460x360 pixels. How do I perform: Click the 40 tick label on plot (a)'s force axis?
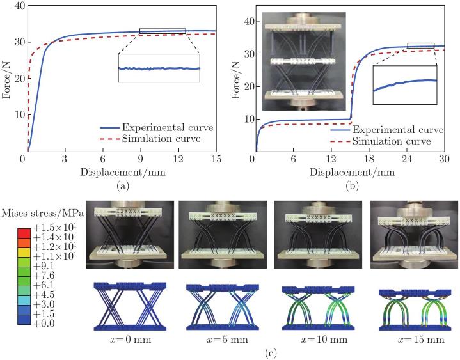coord(20,6)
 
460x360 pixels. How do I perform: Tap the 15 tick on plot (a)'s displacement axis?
coord(216,159)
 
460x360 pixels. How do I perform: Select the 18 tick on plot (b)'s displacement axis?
coord(369,159)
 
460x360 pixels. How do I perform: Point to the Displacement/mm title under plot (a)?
coord(123,172)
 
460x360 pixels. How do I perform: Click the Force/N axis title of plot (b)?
coord(236,79)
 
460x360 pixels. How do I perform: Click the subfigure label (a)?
coord(123,186)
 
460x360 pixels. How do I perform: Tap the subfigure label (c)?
coord(271,353)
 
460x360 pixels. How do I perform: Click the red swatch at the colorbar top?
coord(24,233)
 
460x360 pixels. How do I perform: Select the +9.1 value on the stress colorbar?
coord(44,266)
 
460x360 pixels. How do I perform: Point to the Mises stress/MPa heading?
coord(42,213)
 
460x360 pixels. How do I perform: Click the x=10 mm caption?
coord(324,340)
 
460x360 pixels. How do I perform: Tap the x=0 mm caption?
coord(131,340)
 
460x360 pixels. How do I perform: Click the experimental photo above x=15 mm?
coord(414,235)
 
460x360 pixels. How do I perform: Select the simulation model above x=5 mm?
coord(223,307)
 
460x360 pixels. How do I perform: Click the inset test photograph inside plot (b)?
coord(304,61)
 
